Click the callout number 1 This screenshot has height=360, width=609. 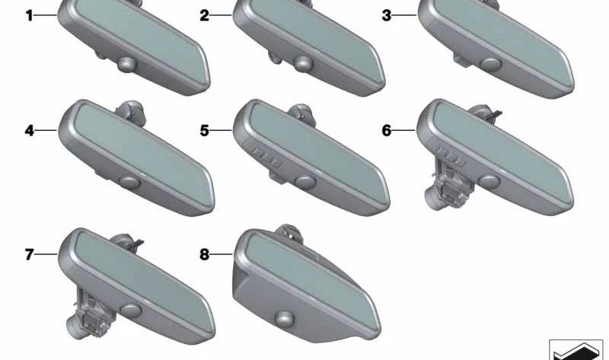tap(29, 16)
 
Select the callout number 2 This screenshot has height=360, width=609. tap(204, 16)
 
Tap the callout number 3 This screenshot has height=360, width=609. tap(387, 16)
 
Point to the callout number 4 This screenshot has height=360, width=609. tap(29, 130)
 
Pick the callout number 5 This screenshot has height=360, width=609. tap(204, 130)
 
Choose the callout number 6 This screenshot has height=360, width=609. tap(387, 130)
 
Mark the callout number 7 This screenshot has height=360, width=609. tap(29, 255)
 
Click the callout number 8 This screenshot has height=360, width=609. tap(204, 255)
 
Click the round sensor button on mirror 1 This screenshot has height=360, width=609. tap(127, 64)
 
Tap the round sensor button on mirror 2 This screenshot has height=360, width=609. tap(303, 64)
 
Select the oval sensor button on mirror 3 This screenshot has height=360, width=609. tap(490, 64)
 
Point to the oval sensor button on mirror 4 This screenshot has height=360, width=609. tap(129, 183)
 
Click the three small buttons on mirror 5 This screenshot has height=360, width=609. tap(266, 156)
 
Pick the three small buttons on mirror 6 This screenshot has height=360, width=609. tap(451, 156)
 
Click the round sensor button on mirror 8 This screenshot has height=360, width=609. tap(284, 318)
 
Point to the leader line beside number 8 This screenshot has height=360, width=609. tap(222, 255)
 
